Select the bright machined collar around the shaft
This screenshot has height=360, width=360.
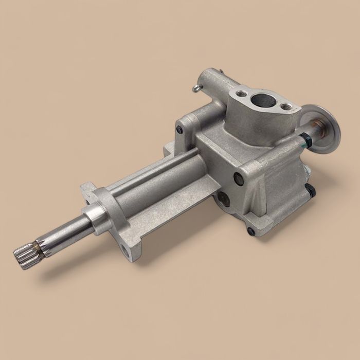[95, 214]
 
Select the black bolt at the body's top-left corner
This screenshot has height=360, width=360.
[179, 129]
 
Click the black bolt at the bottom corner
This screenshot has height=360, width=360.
[250, 230]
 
